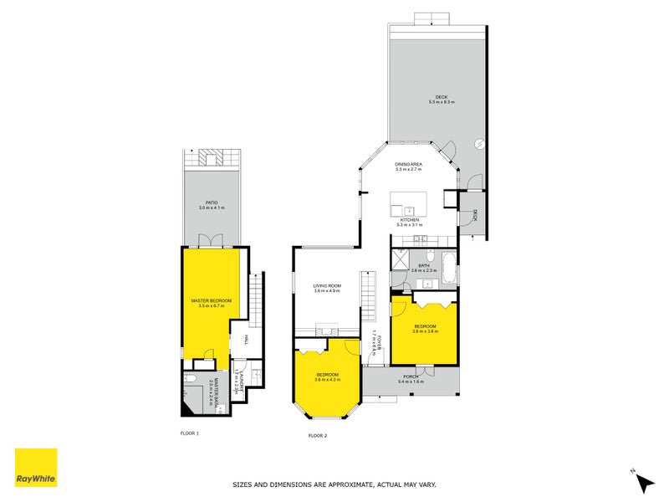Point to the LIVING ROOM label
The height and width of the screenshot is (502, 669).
[x=327, y=288]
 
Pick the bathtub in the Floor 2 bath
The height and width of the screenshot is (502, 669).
[x=449, y=269]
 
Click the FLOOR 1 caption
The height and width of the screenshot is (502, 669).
[x=190, y=433]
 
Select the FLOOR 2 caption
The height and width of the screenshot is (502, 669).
[x=317, y=436]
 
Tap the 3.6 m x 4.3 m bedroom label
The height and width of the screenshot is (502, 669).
[x=327, y=376]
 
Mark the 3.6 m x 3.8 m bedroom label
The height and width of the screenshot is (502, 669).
[x=425, y=328]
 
